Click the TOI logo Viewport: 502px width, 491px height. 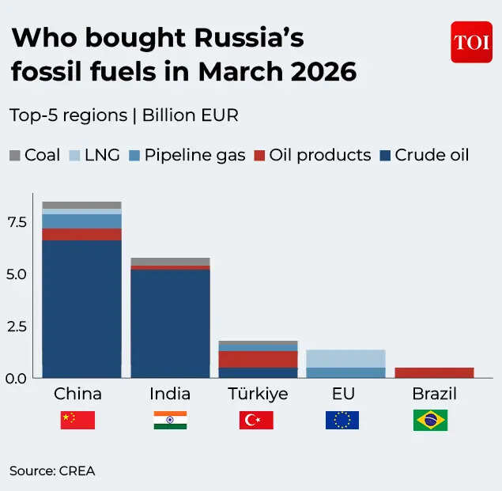tap(471, 42)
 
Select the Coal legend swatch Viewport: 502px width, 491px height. tap(16, 155)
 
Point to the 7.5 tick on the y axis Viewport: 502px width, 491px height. tap(18, 222)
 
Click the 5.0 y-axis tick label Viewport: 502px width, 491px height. tap(18, 274)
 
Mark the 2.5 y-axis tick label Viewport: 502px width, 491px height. tap(18, 327)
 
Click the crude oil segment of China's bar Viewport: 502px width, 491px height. tap(81, 308)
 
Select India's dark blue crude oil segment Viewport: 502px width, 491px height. tap(170, 324)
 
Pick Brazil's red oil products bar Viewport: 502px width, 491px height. tap(434, 372)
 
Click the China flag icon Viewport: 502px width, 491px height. tap(77, 420)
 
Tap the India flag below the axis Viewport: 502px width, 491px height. tap(170, 420)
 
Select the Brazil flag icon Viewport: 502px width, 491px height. tap(430, 420)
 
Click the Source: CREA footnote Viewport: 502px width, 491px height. tap(52, 471)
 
